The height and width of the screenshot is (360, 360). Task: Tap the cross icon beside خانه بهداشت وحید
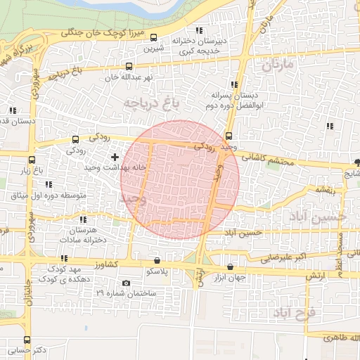pyautogui.click(x=115, y=156)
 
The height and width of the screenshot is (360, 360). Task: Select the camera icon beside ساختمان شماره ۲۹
pyautogui.click(x=126, y=283)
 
